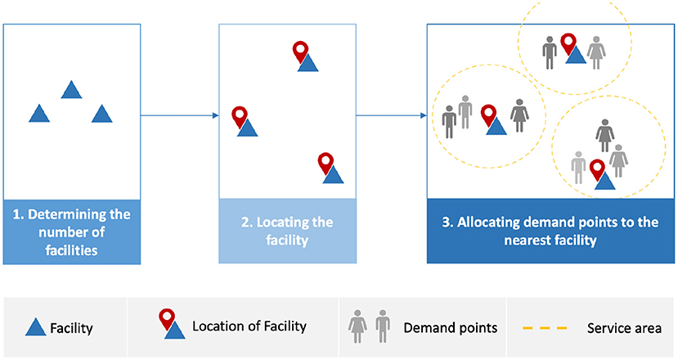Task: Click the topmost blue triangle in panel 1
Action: point(71,90)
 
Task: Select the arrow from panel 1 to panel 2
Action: point(179,115)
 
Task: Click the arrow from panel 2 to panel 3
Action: point(391,115)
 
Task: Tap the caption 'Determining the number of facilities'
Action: point(71,232)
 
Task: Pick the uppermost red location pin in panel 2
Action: point(302,52)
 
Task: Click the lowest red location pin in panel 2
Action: point(326,162)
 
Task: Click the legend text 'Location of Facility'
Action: point(249,326)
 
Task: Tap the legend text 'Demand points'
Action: point(450,328)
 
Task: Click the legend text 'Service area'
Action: point(624,328)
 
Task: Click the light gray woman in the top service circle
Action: point(597,52)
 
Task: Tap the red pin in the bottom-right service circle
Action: point(598,169)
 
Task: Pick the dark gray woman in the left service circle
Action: point(519,115)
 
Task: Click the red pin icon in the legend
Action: point(168,319)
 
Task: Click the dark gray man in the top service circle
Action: point(550,52)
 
